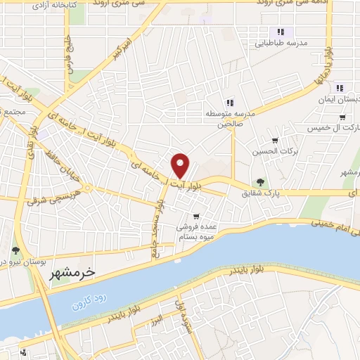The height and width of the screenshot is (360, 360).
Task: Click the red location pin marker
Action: pyautogui.click(x=181, y=165)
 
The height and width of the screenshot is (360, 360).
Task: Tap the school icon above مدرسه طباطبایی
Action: pyautogui.click(x=281, y=32)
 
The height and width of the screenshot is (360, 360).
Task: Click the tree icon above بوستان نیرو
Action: pyautogui.click(x=15, y=250)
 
